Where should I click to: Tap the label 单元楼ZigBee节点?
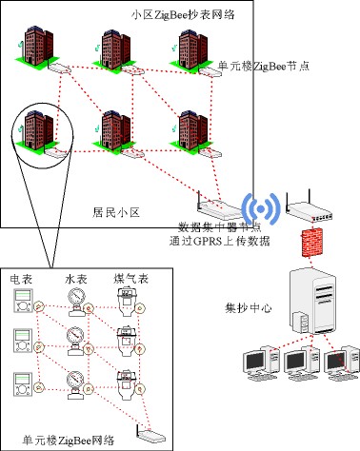point(267,66)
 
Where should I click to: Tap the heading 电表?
point(21,281)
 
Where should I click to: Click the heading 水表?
point(75,281)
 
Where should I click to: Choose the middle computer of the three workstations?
point(296,363)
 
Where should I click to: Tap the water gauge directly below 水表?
point(74,303)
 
